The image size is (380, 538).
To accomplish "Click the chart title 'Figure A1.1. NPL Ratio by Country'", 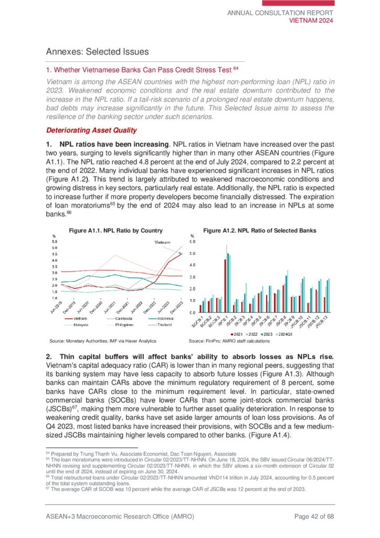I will tap(115, 230).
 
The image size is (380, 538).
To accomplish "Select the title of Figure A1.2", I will tap(260, 230).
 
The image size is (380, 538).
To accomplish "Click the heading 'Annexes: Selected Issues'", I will tap(98, 51).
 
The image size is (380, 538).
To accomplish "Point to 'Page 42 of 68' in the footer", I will tap(314, 516).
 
